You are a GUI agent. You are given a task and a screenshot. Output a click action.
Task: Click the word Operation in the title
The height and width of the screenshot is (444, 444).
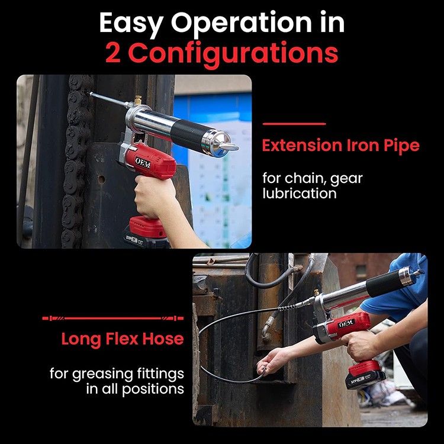(x=242, y=23)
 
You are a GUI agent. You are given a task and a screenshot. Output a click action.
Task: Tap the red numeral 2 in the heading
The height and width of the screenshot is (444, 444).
(x=113, y=53)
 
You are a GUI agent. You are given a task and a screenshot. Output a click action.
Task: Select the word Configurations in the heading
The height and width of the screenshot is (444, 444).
(x=233, y=54)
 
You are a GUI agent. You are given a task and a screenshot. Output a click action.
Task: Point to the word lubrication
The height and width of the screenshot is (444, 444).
(x=300, y=194)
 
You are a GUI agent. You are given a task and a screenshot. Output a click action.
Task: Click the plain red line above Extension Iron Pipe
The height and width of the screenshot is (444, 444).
(x=294, y=124)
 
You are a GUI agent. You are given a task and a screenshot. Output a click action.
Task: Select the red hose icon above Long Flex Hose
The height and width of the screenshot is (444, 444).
(x=112, y=318)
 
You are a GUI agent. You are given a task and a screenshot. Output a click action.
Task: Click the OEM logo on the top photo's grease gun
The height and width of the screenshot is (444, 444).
(x=143, y=162)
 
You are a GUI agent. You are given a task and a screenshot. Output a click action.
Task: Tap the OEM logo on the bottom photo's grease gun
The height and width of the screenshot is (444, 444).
(x=346, y=323)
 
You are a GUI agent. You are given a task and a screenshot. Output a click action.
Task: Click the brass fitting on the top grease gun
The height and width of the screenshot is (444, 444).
(x=138, y=100)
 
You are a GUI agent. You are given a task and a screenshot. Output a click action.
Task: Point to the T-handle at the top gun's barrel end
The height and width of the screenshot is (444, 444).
(x=229, y=146)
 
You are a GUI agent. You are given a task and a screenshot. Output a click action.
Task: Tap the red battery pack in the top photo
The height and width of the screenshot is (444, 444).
(x=147, y=227)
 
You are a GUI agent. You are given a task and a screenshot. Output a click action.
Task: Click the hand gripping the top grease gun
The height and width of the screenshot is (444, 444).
(x=155, y=196)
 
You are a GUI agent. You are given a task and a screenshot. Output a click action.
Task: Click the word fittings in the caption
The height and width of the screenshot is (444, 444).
(x=160, y=374)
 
